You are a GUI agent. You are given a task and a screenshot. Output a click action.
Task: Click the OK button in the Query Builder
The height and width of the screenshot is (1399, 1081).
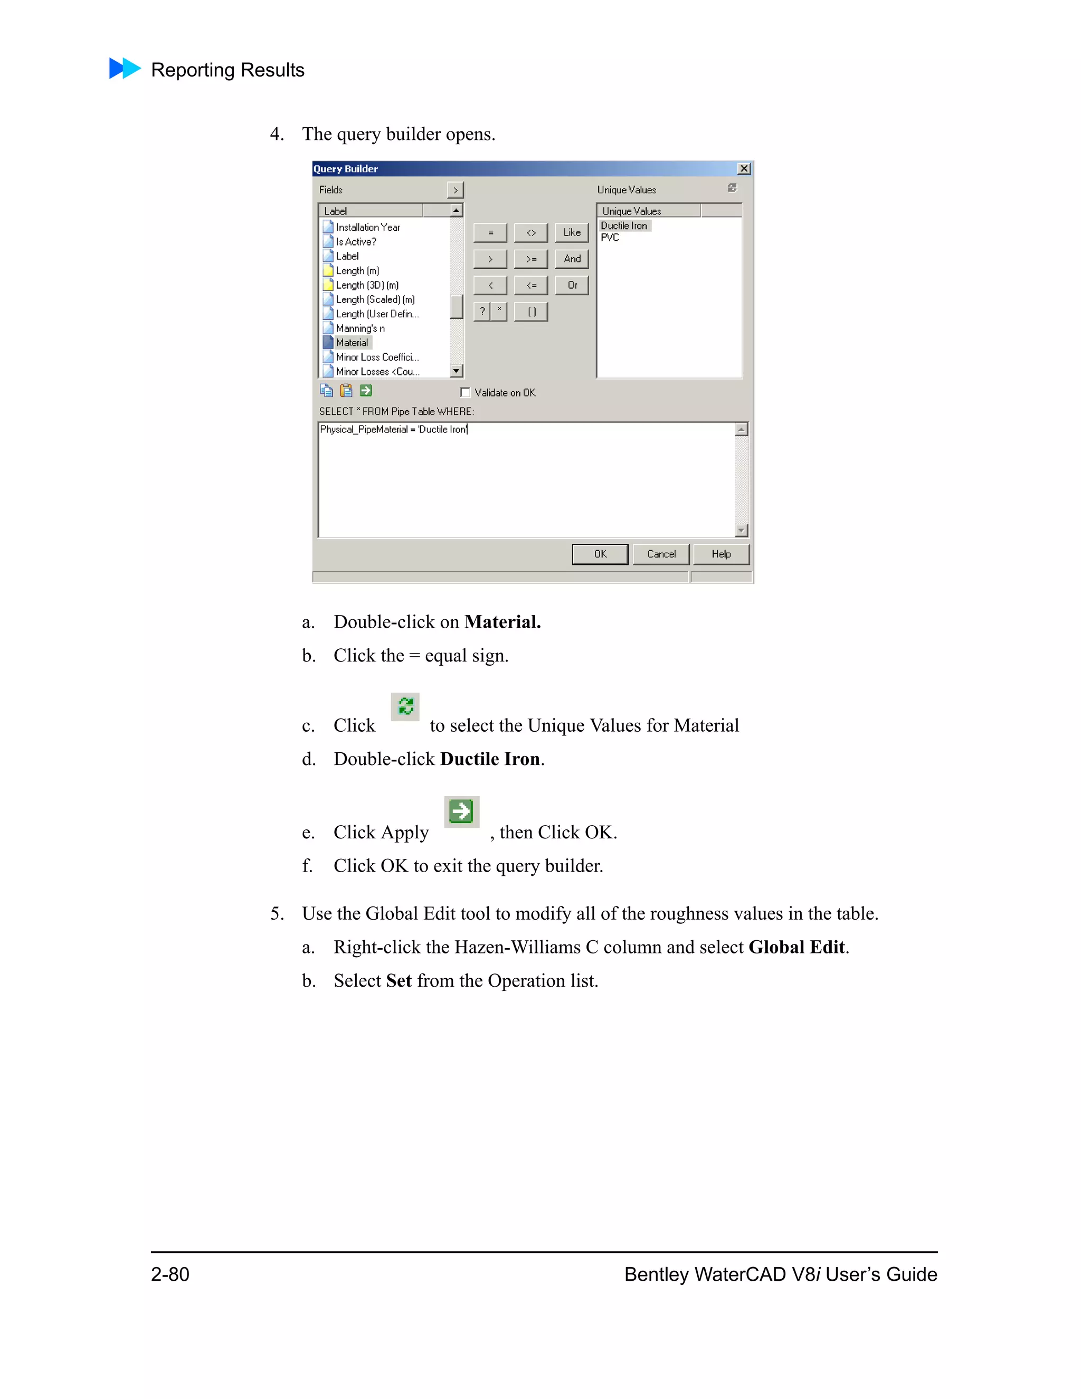pyautogui.click(x=600, y=554)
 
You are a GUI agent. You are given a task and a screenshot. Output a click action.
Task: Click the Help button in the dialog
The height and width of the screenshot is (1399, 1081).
pyautogui.click(x=720, y=554)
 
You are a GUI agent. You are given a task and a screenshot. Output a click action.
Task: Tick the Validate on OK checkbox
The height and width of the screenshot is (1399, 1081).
pyautogui.click(x=466, y=393)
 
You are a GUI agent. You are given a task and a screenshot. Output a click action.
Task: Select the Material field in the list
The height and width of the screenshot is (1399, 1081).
pyautogui.click(x=352, y=343)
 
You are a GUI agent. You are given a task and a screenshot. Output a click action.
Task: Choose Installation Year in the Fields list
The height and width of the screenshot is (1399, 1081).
pyautogui.click(x=367, y=228)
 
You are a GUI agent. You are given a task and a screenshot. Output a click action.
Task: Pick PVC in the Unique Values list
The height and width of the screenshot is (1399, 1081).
pyautogui.click(x=610, y=238)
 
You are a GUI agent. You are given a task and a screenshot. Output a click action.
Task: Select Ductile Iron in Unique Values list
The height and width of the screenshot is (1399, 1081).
pyautogui.click(x=624, y=225)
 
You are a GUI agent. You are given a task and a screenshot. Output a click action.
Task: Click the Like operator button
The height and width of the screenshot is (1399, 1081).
pyautogui.click(x=571, y=232)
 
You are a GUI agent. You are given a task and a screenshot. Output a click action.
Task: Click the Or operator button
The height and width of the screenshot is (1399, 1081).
pyautogui.click(x=571, y=285)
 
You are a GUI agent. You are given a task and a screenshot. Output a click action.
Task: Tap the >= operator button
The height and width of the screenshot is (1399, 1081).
pyautogui.click(x=531, y=259)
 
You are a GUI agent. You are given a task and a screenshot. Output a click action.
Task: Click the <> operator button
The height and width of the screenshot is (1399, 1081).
pyautogui.click(x=531, y=232)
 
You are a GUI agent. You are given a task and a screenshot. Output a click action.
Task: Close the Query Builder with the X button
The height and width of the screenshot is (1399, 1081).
pyautogui.click(x=744, y=168)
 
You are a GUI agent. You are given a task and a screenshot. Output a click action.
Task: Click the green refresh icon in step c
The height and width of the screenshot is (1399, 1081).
pyautogui.click(x=405, y=706)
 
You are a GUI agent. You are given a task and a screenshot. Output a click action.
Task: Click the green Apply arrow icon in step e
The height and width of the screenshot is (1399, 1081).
pyautogui.click(x=461, y=811)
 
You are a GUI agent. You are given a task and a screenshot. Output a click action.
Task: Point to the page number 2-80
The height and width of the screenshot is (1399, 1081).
pyautogui.click(x=170, y=1274)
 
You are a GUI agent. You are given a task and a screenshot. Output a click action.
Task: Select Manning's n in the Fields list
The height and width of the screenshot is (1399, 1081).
pyautogui.click(x=360, y=328)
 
